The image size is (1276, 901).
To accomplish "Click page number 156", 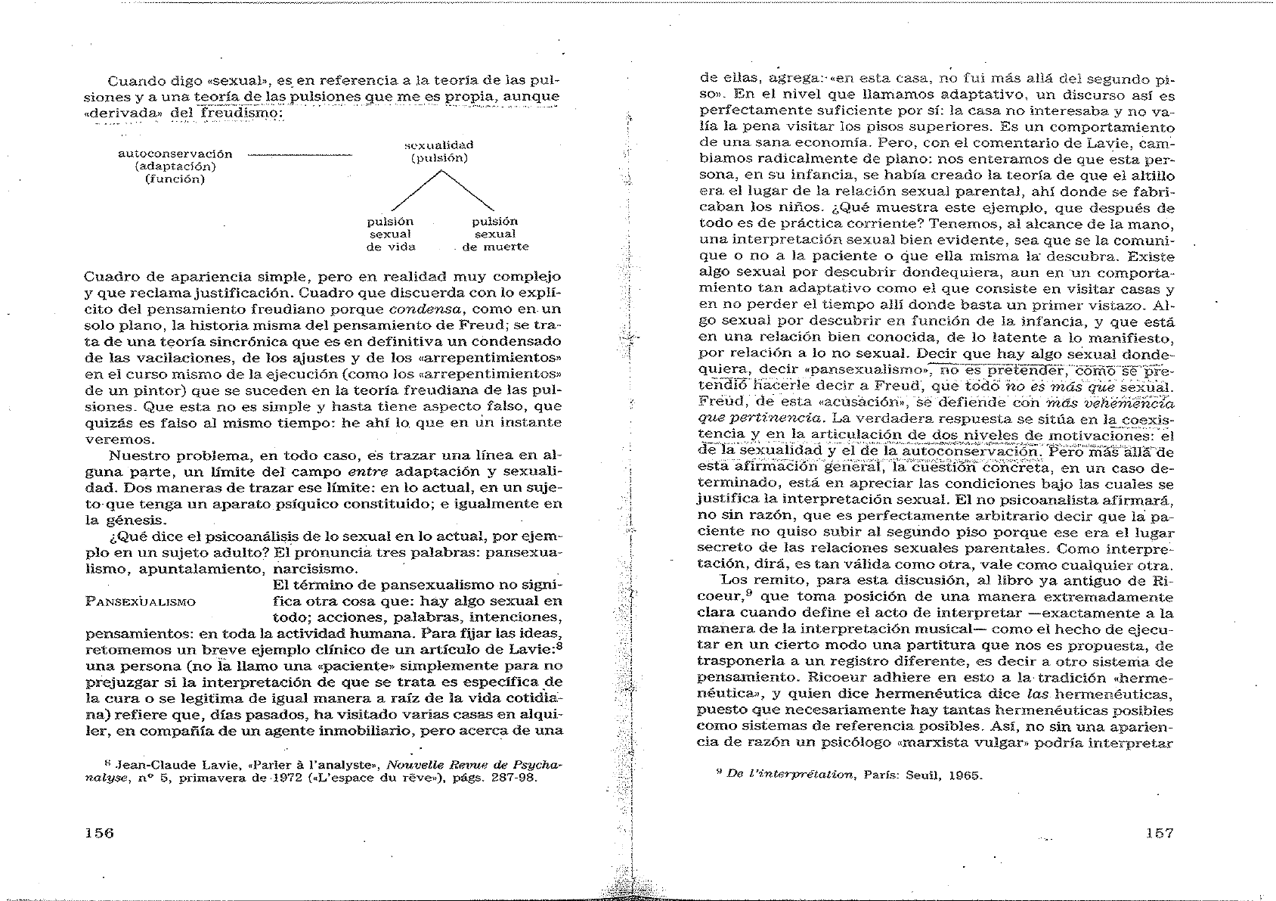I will click(99, 832).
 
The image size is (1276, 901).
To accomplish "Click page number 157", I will click(1159, 832).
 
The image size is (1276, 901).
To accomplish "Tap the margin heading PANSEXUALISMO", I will click(141, 602).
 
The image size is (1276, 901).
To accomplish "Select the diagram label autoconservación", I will click(175, 154).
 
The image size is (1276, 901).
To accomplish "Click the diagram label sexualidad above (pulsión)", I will click(439, 144).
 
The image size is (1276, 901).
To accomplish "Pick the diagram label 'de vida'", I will click(391, 247).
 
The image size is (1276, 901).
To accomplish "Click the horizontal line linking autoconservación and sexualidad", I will click(299, 154).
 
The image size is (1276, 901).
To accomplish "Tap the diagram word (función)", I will click(175, 179).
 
